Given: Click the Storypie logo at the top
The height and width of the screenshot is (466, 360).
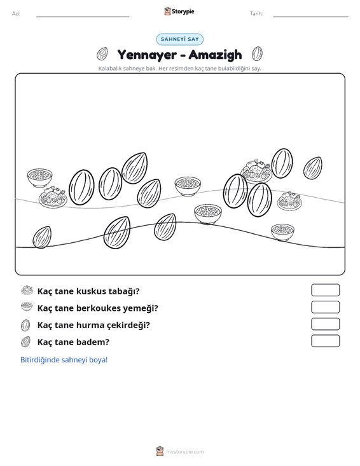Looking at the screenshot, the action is pos(179,11).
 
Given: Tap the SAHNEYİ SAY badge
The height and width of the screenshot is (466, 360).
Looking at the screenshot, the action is pos(180,39).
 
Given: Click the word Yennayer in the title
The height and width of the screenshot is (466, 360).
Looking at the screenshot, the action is pos(147,55).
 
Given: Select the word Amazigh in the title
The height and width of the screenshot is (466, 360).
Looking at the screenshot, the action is pos(215,55).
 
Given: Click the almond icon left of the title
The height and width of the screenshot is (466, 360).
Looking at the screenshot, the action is pos(102,54).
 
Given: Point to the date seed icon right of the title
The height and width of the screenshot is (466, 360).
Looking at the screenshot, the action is pos(257,54).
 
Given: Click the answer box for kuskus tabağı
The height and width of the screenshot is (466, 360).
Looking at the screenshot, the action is pos(325,290).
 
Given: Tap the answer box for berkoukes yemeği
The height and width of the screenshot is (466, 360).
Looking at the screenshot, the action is pos(325,307).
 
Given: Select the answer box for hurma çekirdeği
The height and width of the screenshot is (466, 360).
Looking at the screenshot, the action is pos(325,324).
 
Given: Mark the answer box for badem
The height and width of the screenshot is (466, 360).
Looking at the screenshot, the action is pos(325,341).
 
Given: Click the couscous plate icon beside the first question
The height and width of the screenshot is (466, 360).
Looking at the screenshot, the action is pos(27,291).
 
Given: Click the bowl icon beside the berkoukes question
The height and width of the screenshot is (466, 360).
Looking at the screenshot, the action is pos(27,306).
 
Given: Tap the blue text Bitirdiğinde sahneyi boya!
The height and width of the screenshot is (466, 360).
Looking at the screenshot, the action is pos(64,360).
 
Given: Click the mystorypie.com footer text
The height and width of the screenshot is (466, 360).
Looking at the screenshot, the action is pos(185,452).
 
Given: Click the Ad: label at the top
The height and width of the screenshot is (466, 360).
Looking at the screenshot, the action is pos(16,14).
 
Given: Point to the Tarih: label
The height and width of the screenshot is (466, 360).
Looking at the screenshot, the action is pos(256,14).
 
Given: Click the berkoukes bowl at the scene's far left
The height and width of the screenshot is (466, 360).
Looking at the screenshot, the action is pos(39,178).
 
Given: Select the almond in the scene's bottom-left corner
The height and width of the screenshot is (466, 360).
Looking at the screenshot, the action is pos(42,237).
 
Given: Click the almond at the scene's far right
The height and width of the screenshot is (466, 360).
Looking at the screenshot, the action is pos(313,168).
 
